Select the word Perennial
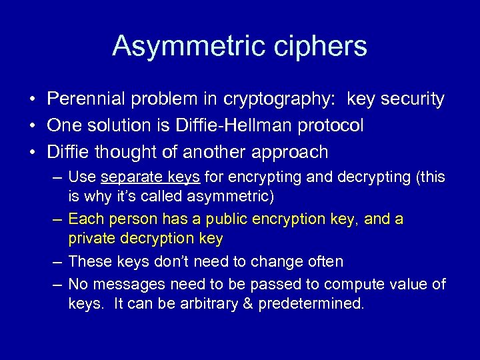[90, 99]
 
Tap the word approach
[291, 152]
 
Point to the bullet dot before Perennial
[32, 100]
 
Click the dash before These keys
[58, 262]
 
